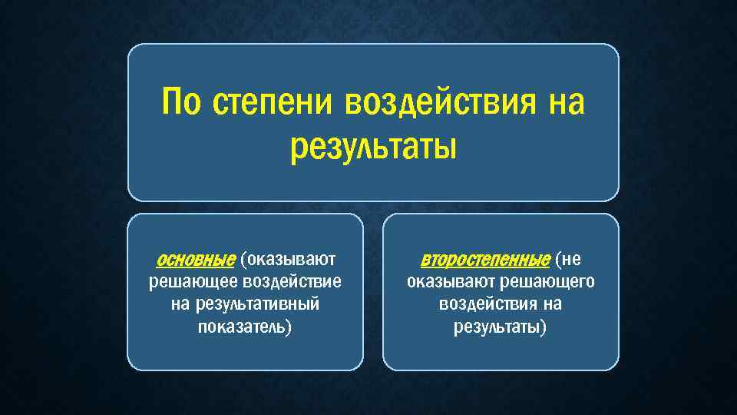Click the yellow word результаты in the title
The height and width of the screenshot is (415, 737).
[x=373, y=146]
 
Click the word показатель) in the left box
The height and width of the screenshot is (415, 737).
[x=245, y=328]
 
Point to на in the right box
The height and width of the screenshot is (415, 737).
[x=551, y=304]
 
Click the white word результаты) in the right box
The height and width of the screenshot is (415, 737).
[x=501, y=328]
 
